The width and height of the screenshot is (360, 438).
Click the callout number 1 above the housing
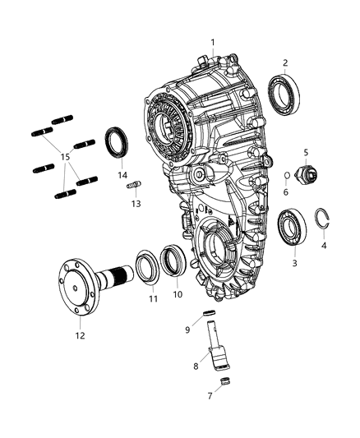pos(212,41)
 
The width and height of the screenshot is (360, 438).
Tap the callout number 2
pos(284,62)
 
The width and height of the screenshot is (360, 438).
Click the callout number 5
pos(305,152)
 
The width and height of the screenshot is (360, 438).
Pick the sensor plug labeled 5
pos(309,175)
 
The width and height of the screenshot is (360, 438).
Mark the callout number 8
pos(195,367)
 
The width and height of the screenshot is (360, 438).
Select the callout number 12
pos(79,334)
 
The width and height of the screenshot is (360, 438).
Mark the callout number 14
pos(122,175)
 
